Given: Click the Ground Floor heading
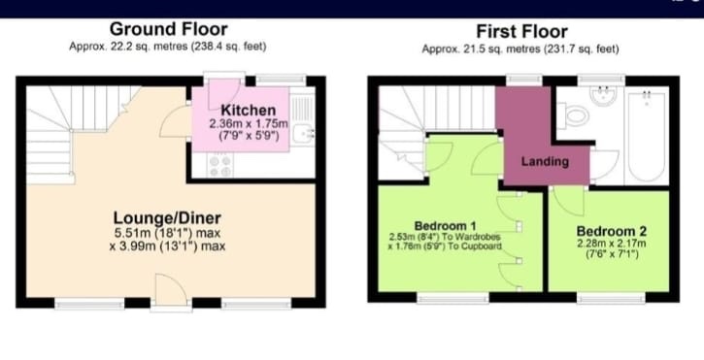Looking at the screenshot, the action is point(168,29).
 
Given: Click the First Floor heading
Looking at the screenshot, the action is point(521,32).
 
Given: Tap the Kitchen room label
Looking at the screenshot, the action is point(249,110).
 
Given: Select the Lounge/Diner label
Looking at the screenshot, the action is point(167,218).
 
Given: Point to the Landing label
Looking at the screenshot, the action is point(545,162).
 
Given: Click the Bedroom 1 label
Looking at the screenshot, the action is point(445,226).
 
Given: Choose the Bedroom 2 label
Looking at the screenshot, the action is point(612,231).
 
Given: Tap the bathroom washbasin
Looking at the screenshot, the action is point(603,96).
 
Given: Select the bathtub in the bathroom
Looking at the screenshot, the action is point(646,136).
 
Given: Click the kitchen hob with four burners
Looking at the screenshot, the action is point(220,166).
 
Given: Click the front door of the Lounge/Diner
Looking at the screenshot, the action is point(171,292).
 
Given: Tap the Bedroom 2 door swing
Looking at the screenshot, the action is point(568,201).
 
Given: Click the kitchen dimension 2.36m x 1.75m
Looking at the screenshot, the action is point(249,124).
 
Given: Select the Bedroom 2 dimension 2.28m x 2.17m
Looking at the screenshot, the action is point(612,244).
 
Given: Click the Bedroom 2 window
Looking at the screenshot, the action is point(611,298).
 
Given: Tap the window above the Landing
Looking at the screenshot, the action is point(524,80).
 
